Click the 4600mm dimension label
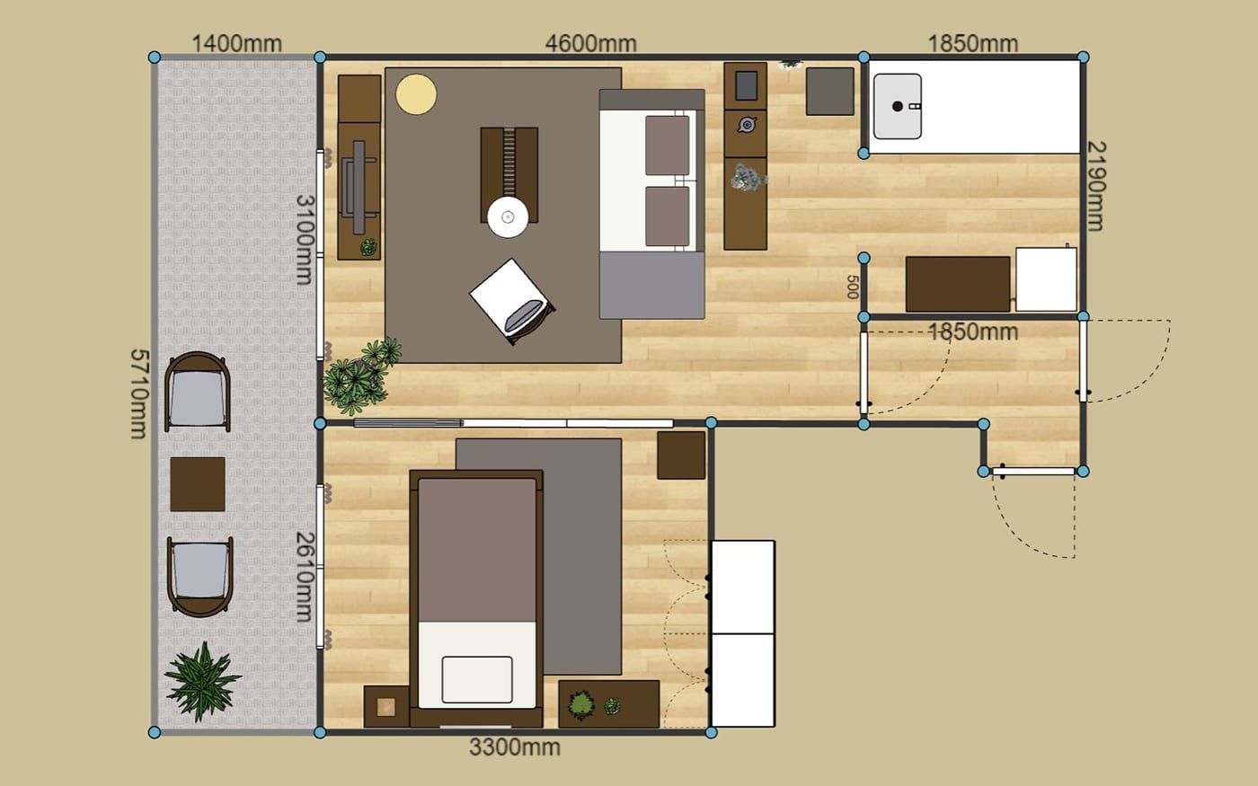pyautogui.click(x=591, y=43)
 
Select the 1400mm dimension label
pyautogui.click(x=237, y=43)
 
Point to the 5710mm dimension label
pyautogui.click(x=139, y=393)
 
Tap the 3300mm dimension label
pyautogui.click(x=514, y=747)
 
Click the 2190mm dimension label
pyautogui.click(x=1096, y=186)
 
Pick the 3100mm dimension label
pyautogui.click(x=305, y=240)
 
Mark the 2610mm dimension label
pyautogui.click(x=305, y=577)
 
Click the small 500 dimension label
pyautogui.click(x=852, y=287)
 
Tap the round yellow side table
pyautogui.click(x=415, y=94)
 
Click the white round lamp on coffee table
pyautogui.click(x=508, y=217)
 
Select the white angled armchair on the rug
pyautogui.click(x=511, y=302)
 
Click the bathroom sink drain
pyautogui.click(x=897, y=106)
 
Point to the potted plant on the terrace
pyautogui.click(x=202, y=681)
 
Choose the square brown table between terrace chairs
pyautogui.click(x=198, y=484)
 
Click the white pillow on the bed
pyautogui.click(x=477, y=679)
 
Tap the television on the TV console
pyautogui.click(x=359, y=187)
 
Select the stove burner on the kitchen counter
pyautogui.click(x=747, y=125)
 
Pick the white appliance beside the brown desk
pyautogui.click(x=1046, y=279)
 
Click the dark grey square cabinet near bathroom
pyautogui.click(x=830, y=92)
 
